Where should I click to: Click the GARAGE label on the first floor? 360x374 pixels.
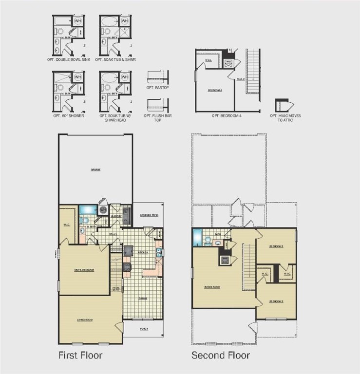[95, 170]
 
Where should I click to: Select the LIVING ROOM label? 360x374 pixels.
[85, 320]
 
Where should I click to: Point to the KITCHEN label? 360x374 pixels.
[143, 253]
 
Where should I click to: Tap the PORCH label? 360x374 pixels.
[144, 329]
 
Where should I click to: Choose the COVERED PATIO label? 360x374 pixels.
[148, 215]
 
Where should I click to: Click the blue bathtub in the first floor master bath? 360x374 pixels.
[87, 210]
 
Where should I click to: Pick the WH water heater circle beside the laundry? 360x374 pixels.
[103, 210]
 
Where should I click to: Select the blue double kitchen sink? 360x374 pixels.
[159, 252]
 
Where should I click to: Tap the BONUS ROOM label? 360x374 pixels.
[213, 287]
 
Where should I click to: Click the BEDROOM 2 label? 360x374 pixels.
[277, 246]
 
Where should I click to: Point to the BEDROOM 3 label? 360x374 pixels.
[277, 301]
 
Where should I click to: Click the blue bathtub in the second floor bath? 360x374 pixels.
[196, 237]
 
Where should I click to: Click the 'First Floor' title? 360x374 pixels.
[80, 355]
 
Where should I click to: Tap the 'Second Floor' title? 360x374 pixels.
[220, 355]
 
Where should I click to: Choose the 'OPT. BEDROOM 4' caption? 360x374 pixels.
[227, 116]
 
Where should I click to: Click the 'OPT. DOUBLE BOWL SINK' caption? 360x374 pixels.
[69, 60]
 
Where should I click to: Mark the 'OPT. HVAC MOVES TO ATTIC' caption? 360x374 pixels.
[283, 118]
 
